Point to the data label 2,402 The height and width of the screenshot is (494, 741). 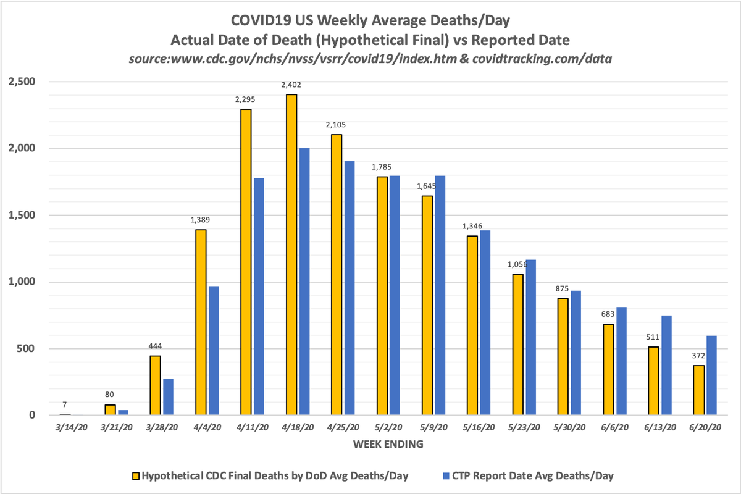coord(290,85)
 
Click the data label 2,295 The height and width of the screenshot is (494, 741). coord(245,99)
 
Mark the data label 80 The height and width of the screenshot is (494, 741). coord(109,395)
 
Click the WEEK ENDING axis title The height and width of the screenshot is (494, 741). coord(388,443)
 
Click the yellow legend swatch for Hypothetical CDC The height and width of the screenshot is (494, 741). coord(135,476)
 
